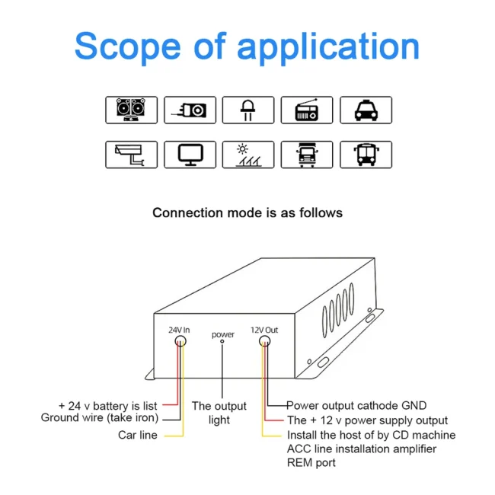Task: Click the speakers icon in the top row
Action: [x=131, y=110]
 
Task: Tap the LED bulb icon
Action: [x=247, y=110]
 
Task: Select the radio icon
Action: [x=306, y=110]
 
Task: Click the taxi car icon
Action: [x=365, y=110]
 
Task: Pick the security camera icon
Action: [x=131, y=155]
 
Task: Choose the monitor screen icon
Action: [x=189, y=155]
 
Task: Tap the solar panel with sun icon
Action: [x=247, y=155]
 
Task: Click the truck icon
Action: [x=306, y=155]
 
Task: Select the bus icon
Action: [x=365, y=155]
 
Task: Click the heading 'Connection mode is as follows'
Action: [x=247, y=212]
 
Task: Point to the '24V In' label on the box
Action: [x=179, y=330]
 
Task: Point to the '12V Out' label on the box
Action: [x=264, y=330]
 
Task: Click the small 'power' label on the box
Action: [x=222, y=334]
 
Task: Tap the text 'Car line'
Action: [x=138, y=435]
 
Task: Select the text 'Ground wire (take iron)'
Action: [x=100, y=417]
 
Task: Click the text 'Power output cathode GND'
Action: [x=356, y=405]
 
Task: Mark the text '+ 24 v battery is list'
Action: [x=107, y=406]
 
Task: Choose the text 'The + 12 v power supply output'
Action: [x=367, y=420]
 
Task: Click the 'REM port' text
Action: [x=311, y=462]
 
